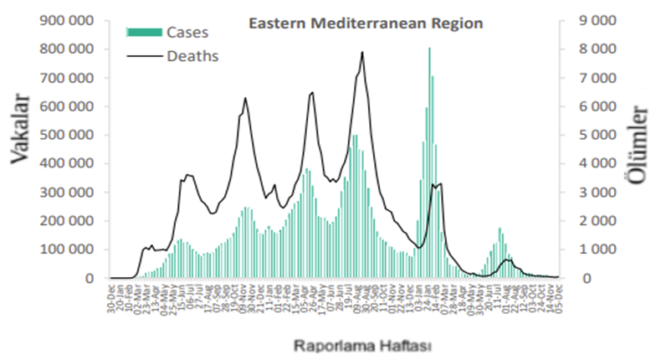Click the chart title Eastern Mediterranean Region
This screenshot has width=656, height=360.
(366, 24)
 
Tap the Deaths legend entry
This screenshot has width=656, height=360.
(192, 57)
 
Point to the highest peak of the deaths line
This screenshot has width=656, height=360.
(362, 54)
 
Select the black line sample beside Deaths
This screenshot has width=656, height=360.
(143, 57)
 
